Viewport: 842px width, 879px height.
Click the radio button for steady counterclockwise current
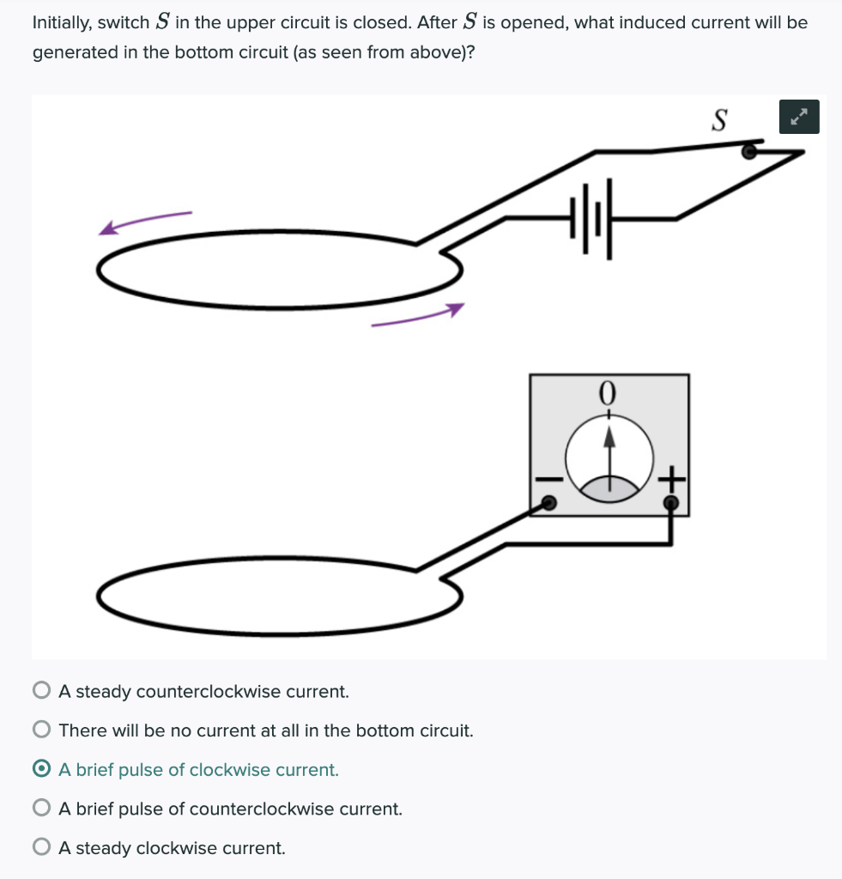tap(41, 691)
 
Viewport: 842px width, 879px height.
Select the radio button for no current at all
tap(41, 730)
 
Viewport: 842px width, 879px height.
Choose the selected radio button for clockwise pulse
tap(41, 770)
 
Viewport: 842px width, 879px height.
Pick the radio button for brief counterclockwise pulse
tap(41, 809)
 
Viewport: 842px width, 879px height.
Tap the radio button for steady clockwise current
tap(41, 848)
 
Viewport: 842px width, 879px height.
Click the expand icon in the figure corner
tap(799, 117)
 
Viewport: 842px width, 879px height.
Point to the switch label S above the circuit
tap(719, 121)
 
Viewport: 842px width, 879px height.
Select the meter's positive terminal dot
tap(671, 501)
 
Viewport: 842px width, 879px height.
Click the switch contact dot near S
tap(748, 152)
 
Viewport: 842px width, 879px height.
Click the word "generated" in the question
tap(72, 52)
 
